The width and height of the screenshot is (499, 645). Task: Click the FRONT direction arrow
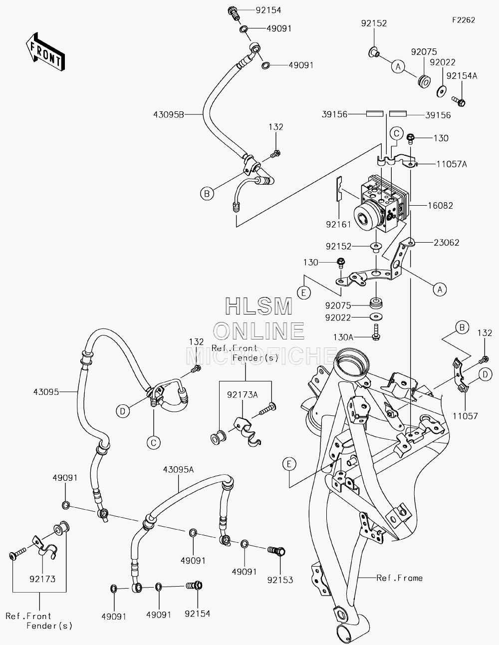pos(45,51)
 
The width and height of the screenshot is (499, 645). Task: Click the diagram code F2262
pos(464,20)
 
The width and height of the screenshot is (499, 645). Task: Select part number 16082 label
pos(440,205)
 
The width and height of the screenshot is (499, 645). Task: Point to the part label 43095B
pos(169,115)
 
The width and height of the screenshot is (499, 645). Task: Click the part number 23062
pos(446,243)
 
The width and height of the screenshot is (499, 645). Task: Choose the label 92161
pos(338,225)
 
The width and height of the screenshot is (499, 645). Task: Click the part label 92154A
pos(462,76)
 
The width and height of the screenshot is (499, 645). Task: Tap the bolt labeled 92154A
pos(459,101)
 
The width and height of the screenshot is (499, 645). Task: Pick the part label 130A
pos(343,337)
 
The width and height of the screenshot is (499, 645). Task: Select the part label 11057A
pos(452,164)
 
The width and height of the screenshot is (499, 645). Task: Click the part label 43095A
pos(178,470)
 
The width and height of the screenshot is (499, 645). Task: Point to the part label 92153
pos(280,580)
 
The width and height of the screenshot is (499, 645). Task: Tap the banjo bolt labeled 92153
pos(277,551)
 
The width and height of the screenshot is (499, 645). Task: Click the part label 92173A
pos(243,395)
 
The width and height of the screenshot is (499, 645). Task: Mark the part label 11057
pos(465,416)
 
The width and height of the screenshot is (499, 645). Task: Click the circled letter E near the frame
pos(289,464)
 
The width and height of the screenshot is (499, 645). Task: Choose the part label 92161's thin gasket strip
pos(339,189)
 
